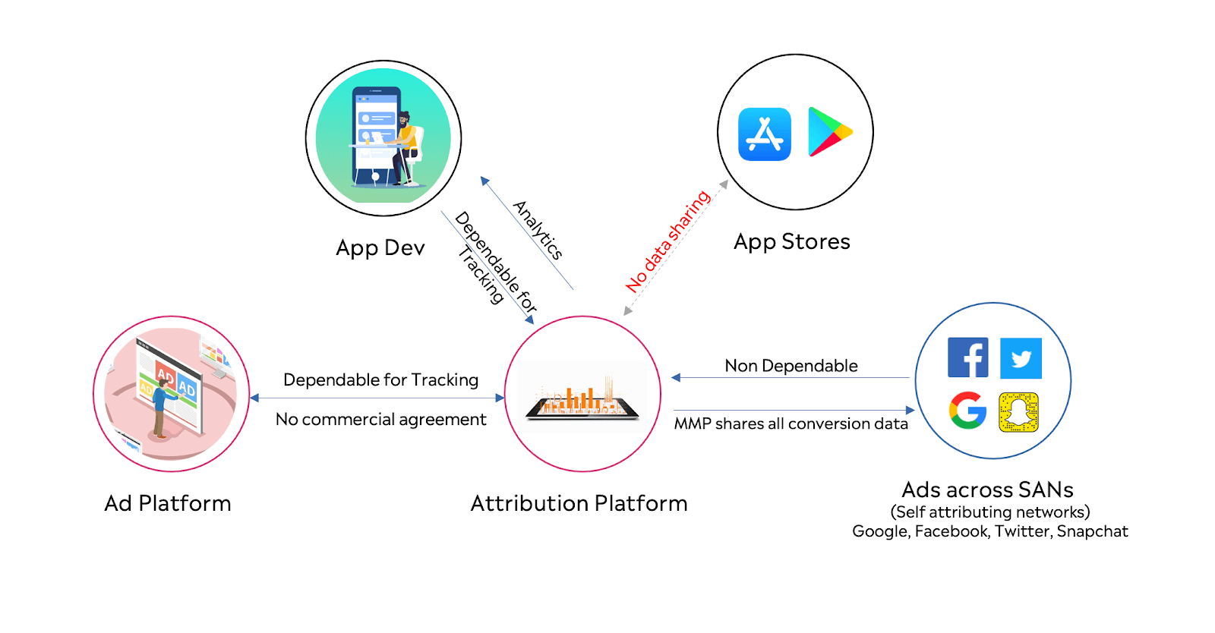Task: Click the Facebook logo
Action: point(967,357)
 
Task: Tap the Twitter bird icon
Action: point(1021,358)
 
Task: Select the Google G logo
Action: point(967,411)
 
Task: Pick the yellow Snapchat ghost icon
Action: point(1018,412)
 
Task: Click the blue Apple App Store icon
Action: point(765,134)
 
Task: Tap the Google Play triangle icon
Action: point(828,132)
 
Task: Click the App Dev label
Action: point(380,248)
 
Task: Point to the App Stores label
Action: point(792,241)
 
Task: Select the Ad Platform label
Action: point(168,503)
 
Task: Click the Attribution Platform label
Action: point(579,503)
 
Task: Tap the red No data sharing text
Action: point(667,241)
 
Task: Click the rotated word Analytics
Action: point(538,230)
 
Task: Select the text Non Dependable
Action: point(791,366)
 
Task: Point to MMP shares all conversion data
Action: point(791,424)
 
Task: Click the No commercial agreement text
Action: point(380,419)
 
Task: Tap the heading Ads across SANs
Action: point(987,490)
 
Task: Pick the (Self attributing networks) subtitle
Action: point(990,512)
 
